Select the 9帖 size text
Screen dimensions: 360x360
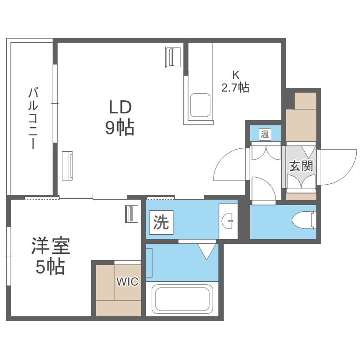click(120, 127)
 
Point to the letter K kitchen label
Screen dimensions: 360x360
click(235, 75)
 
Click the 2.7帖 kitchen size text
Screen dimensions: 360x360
click(235, 88)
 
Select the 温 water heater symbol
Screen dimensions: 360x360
click(265, 134)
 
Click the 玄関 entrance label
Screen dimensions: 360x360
click(301, 166)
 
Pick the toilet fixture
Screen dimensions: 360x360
click(303, 220)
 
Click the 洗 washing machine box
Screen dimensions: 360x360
click(161, 223)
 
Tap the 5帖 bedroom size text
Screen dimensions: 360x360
click(50, 267)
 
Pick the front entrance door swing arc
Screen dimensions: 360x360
click(338, 167)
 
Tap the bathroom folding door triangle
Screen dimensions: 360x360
click(207, 251)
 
